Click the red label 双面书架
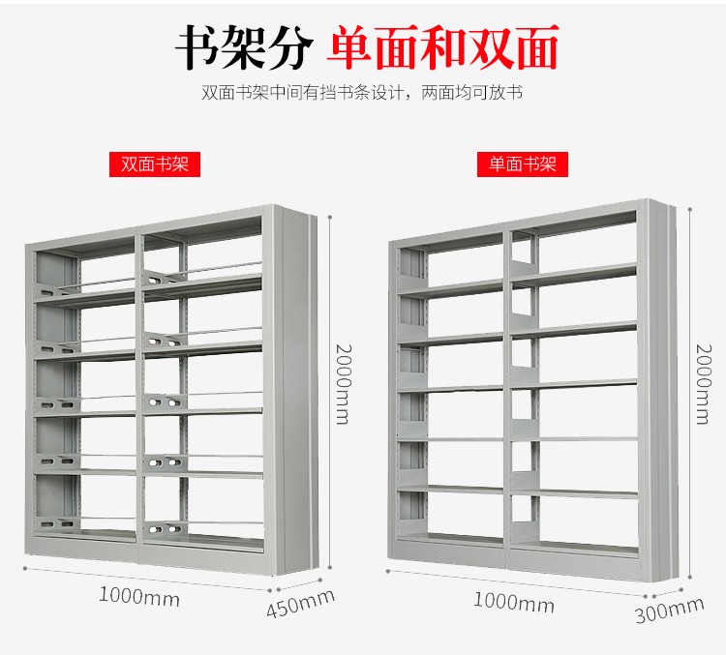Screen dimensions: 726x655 tap(155, 164)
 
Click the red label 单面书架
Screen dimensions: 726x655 tap(523, 164)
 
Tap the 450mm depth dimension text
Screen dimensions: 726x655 tap(300, 604)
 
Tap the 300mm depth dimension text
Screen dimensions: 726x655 tap(670, 610)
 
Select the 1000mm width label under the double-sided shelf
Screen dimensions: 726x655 tap(139, 597)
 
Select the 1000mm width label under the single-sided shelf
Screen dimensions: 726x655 tap(513, 602)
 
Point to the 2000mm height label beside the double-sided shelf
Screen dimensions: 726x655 tap(343, 384)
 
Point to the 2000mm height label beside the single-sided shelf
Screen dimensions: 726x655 tap(704, 384)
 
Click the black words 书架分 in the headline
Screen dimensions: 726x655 tap(244, 47)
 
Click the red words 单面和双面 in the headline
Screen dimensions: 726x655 tap(442, 47)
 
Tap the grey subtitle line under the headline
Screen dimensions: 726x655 tap(362, 93)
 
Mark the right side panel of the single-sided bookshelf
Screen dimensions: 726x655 tap(661, 390)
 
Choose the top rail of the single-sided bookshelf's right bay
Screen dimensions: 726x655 tap(573, 220)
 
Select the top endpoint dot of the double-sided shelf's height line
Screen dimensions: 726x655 tap(330, 216)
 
